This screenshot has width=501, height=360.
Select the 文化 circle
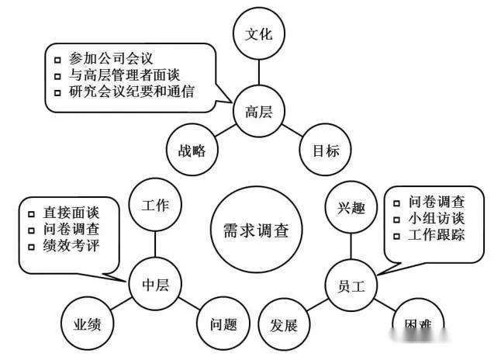[x=259, y=35]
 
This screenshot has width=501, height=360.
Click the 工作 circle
[x=155, y=206]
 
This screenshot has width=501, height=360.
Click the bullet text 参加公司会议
[x=112, y=58]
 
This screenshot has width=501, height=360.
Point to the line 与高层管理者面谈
[x=124, y=75]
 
